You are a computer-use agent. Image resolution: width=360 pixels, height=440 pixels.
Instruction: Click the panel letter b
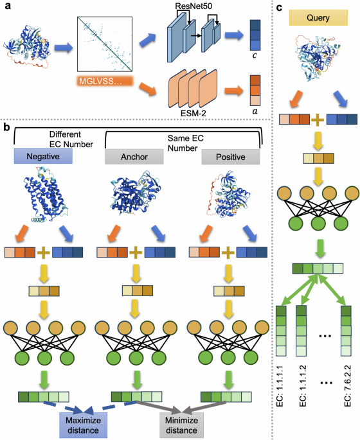pos(7,128)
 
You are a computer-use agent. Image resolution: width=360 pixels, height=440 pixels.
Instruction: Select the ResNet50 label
pos(189,8)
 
